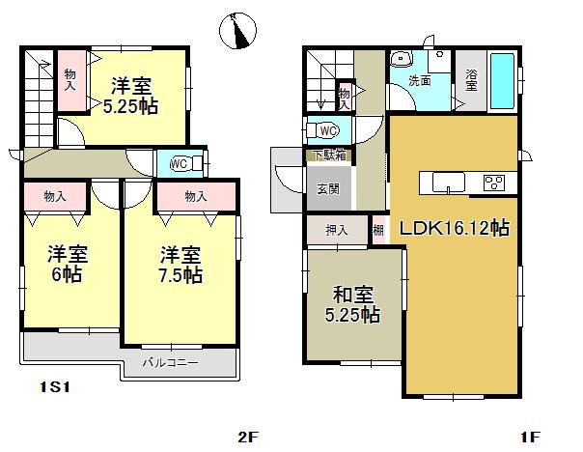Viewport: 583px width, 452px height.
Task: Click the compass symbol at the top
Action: [236, 32]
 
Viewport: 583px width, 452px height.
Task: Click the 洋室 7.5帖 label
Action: [180, 265]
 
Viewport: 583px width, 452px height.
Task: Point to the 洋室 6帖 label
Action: [68, 265]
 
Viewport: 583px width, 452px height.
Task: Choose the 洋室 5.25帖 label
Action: [131, 94]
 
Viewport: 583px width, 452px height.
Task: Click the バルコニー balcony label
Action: [170, 363]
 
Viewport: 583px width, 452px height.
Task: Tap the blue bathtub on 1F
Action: [503, 82]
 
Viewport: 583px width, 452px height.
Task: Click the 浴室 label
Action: [470, 81]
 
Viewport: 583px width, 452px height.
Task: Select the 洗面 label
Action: [419, 81]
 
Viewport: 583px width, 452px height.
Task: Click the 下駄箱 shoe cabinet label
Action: [327, 155]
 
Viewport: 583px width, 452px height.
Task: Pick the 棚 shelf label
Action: [378, 230]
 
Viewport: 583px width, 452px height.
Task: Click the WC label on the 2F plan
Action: [179, 164]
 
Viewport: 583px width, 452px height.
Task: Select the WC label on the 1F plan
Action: [327, 130]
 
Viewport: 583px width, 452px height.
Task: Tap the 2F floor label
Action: [249, 437]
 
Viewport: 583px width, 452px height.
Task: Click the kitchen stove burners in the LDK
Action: [495, 182]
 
